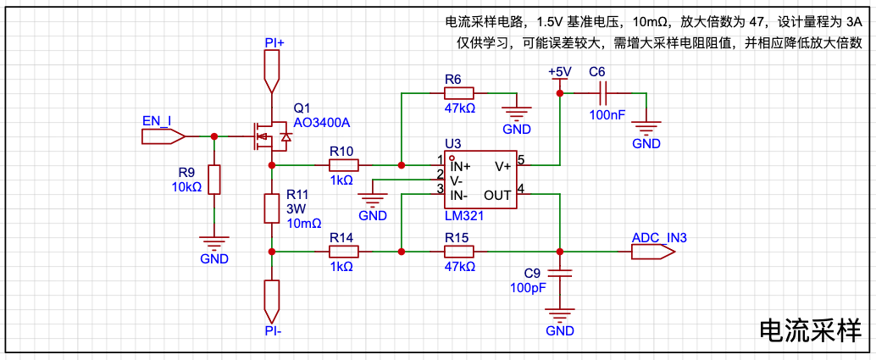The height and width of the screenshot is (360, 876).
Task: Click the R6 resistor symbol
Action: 458,93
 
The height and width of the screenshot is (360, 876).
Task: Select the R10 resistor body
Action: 344,165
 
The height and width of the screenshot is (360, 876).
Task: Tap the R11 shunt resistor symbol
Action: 271,208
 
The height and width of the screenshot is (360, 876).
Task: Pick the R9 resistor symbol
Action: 214,179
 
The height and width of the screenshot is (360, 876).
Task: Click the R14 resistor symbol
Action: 344,252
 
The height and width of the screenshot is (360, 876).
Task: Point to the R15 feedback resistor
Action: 458,252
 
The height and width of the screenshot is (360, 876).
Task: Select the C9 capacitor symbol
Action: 560,274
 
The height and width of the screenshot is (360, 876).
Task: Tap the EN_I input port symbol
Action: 164,136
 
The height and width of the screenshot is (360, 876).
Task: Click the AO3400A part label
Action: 322,124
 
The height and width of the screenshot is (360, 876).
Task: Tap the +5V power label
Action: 560,71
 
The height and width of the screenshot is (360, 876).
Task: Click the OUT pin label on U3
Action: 497,195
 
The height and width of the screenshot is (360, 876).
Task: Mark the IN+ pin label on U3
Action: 460,166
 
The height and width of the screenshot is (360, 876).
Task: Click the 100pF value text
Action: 528,287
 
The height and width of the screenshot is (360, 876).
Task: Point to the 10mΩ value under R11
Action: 304,224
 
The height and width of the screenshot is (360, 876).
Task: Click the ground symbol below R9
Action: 214,241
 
